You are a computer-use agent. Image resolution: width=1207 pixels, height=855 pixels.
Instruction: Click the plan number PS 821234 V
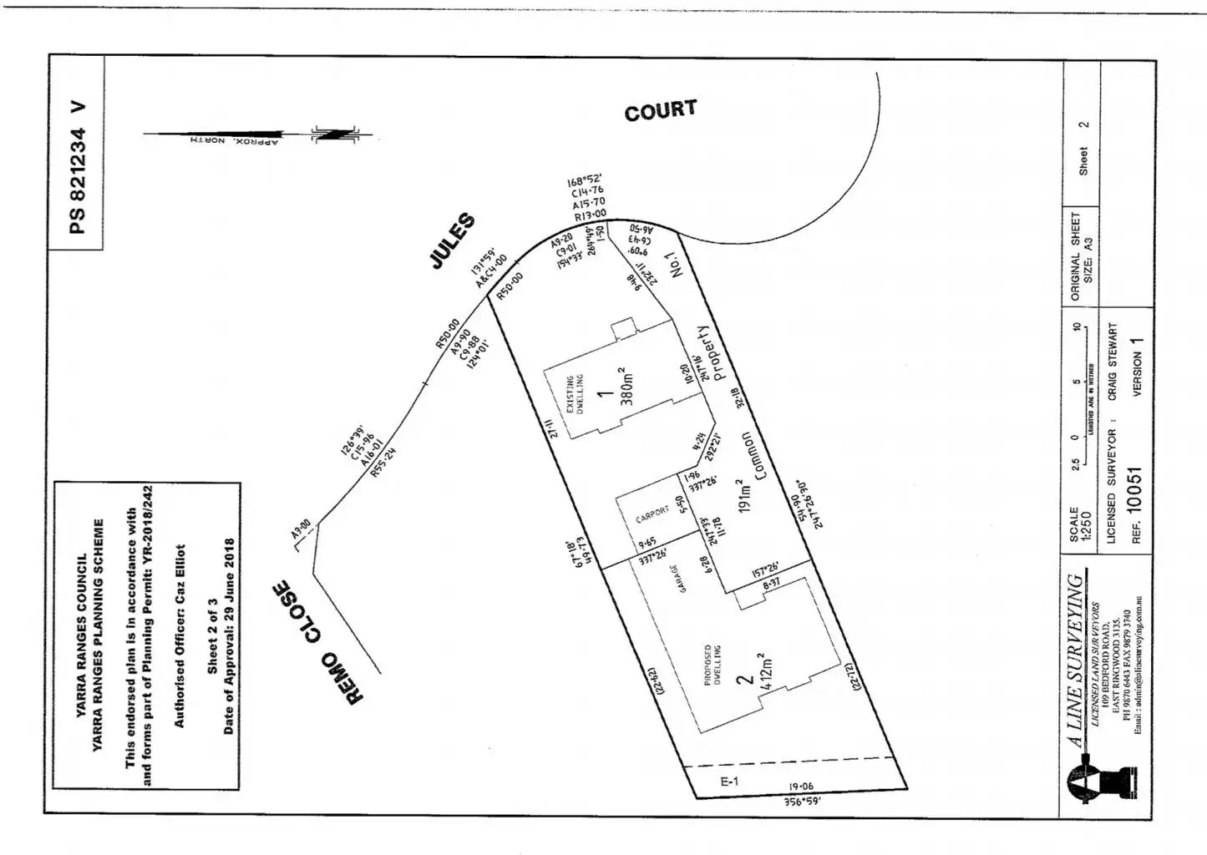click(x=77, y=168)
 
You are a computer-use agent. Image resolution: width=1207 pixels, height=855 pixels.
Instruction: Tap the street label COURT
click(x=660, y=110)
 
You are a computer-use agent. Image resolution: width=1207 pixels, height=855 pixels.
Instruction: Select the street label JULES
click(x=453, y=241)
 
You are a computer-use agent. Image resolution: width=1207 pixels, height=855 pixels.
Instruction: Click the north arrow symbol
click(x=334, y=134)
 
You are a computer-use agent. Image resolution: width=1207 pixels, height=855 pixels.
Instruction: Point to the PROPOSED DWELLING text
click(x=713, y=665)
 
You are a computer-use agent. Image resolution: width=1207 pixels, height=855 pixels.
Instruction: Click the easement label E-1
click(x=729, y=782)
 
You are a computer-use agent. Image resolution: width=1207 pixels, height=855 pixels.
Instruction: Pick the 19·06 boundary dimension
click(x=801, y=787)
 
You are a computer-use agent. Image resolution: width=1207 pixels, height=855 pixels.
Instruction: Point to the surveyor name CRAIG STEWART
click(x=1112, y=362)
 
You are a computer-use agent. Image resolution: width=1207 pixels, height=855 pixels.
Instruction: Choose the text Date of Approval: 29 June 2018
click(x=229, y=636)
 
